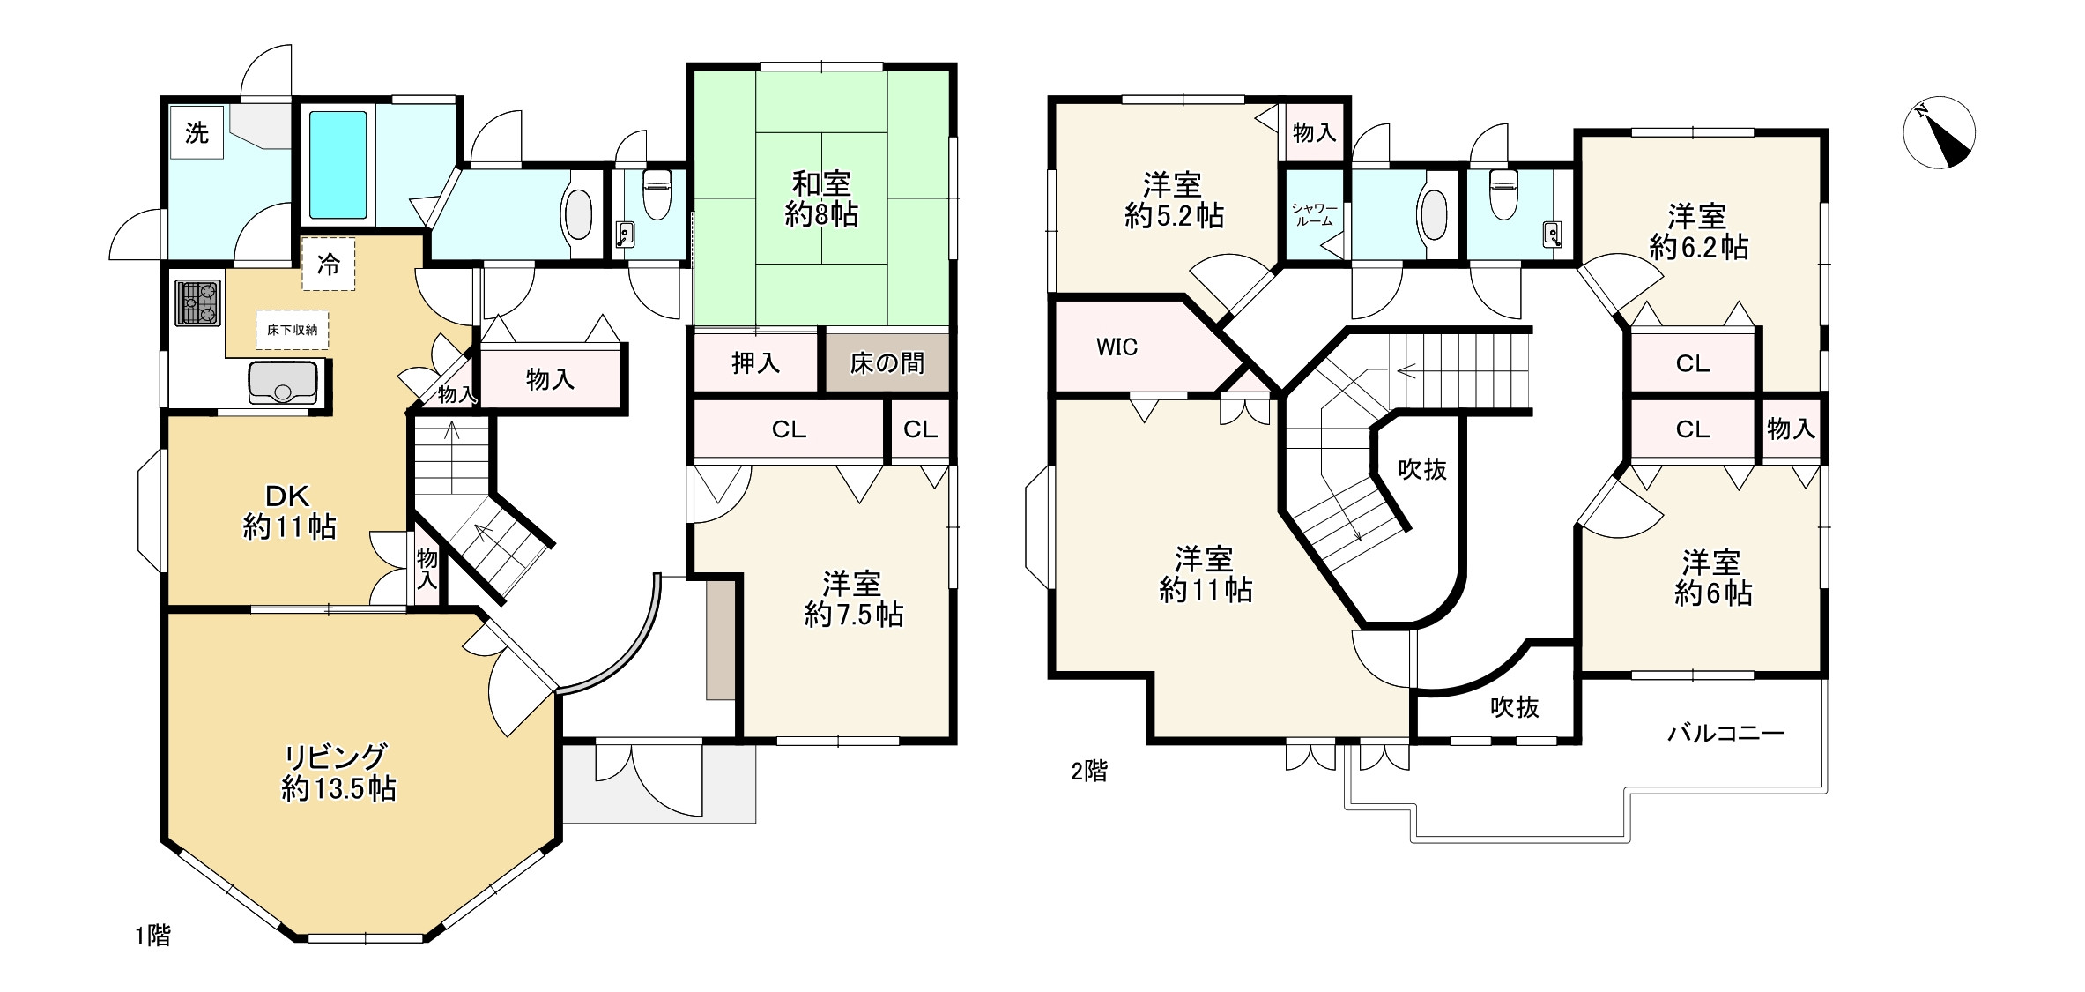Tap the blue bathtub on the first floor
[x=338, y=165]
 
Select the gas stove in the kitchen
[x=197, y=302]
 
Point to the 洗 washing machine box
[x=197, y=133]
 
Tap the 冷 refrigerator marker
[x=329, y=264]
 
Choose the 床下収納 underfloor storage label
[x=293, y=330]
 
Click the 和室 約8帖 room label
[x=821, y=199]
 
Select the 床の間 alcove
[x=887, y=362]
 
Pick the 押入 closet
[x=756, y=362]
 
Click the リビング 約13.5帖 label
[x=338, y=772]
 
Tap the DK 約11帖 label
[x=289, y=511]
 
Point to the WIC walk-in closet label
[x=1117, y=347]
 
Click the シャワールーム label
[x=1315, y=215]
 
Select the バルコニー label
[x=1725, y=733]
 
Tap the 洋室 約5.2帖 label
[x=1174, y=201]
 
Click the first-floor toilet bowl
[x=657, y=194]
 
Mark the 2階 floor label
[x=1089, y=772]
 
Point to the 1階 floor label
[x=153, y=935]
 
